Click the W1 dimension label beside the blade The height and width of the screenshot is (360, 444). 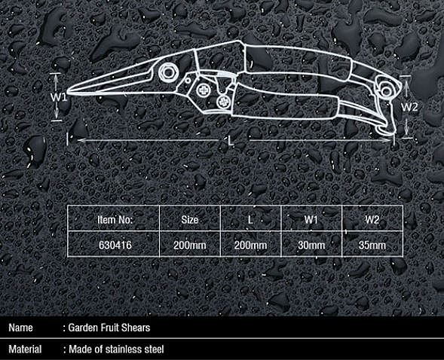pyautogui.click(x=59, y=97)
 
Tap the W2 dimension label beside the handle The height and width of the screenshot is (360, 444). pyautogui.click(x=409, y=107)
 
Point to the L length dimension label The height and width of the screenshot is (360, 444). pyautogui.click(x=231, y=141)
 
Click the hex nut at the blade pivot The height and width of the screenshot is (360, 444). pyautogui.click(x=168, y=73)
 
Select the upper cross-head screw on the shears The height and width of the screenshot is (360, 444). pyautogui.click(x=203, y=90)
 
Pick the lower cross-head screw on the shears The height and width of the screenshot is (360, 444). pyautogui.click(x=224, y=102)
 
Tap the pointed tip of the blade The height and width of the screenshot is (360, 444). pyautogui.click(x=68, y=92)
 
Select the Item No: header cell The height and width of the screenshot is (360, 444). pyautogui.click(x=115, y=220)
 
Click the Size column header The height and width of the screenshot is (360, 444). pyautogui.click(x=190, y=220)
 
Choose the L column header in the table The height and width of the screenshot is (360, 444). pyautogui.click(x=250, y=220)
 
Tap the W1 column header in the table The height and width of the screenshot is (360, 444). pyautogui.click(x=311, y=220)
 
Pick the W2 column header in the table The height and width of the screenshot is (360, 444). pyautogui.click(x=372, y=220)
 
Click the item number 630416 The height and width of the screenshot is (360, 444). pyautogui.click(x=115, y=245)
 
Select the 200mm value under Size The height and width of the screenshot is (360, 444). pyautogui.click(x=190, y=245)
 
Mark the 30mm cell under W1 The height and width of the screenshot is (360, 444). pyautogui.click(x=311, y=245)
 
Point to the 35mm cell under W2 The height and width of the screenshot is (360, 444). pyautogui.click(x=372, y=245)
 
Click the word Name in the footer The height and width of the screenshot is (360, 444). pyautogui.click(x=20, y=328)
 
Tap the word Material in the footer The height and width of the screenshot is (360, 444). pyautogui.click(x=25, y=349)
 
